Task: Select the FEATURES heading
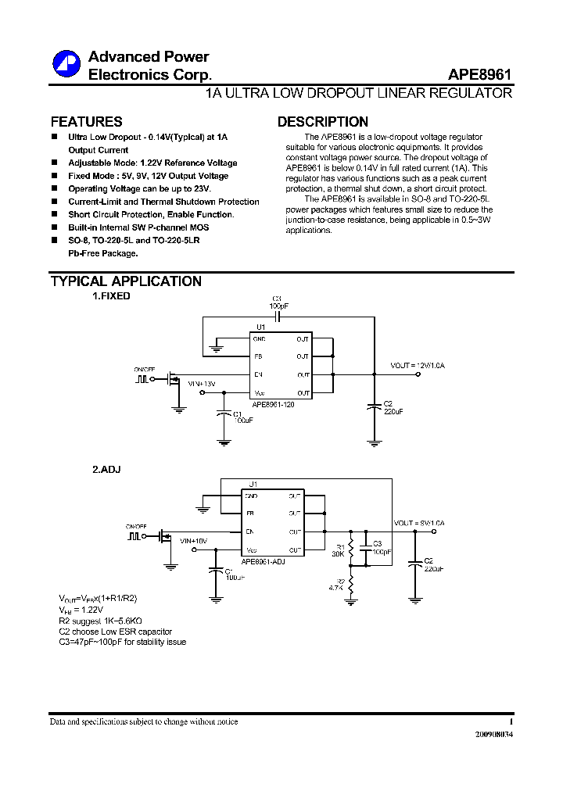point(86,122)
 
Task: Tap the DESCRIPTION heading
point(323,122)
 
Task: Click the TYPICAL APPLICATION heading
point(126,281)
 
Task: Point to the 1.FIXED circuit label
point(112,296)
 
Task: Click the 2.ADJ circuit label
point(106,469)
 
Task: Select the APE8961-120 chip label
point(273,405)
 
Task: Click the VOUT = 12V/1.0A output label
point(418,365)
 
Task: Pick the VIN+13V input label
point(202,384)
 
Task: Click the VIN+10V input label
point(193,540)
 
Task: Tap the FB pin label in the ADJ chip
point(249,514)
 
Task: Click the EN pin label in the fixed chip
point(258,374)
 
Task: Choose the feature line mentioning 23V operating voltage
point(139,188)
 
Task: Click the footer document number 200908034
point(494,735)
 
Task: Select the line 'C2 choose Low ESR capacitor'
point(116,631)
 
